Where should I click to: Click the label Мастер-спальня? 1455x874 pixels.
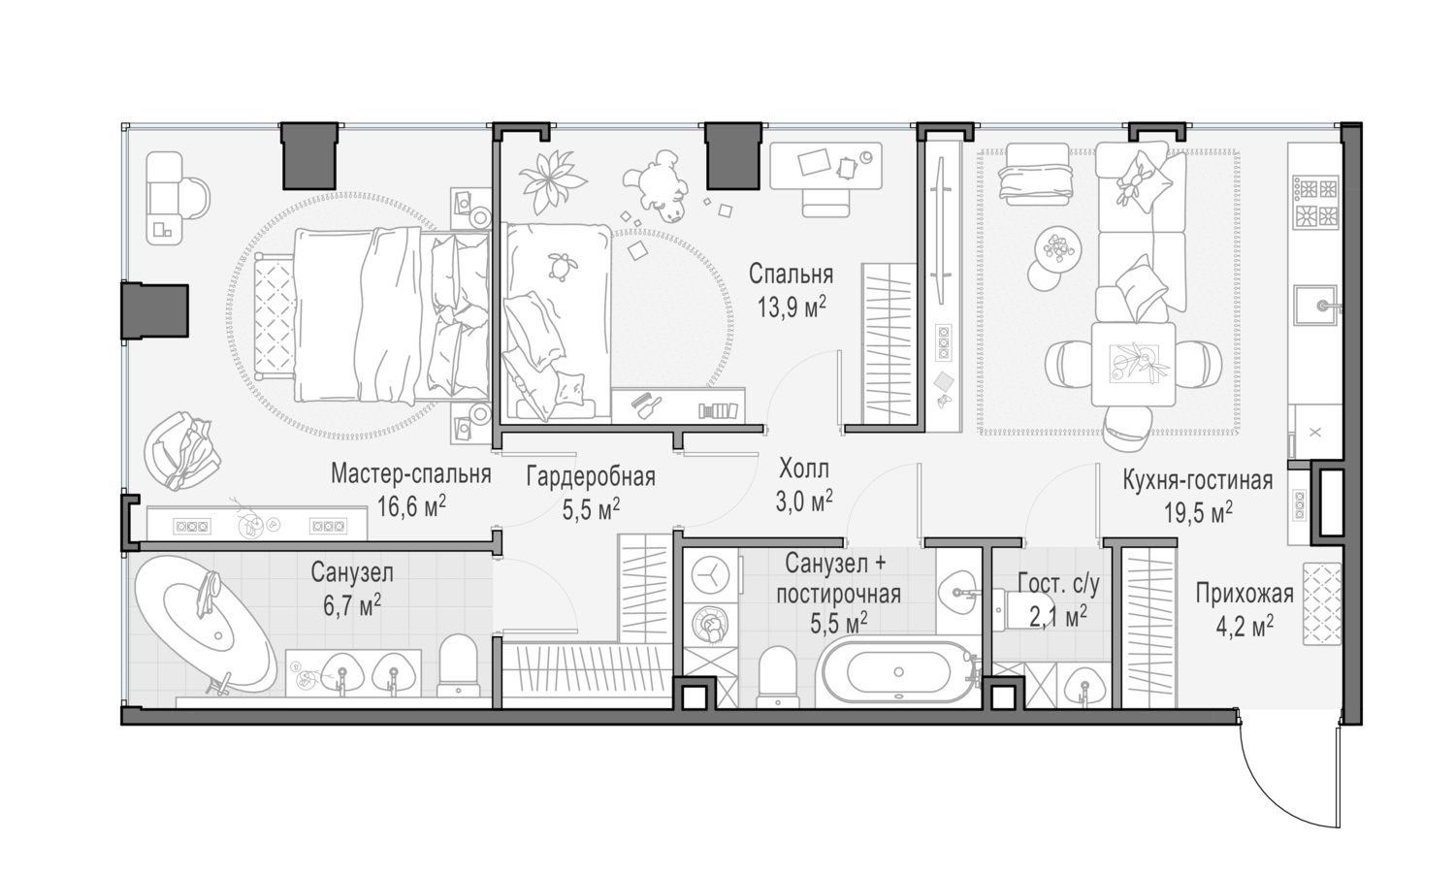tap(411, 474)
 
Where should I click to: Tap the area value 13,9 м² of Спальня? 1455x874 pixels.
tap(792, 307)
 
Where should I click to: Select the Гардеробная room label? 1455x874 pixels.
tap(591, 477)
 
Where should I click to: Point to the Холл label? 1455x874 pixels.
tap(804, 468)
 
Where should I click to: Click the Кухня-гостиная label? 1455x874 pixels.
tap(1198, 481)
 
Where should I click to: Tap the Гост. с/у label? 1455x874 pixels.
tap(1059, 585)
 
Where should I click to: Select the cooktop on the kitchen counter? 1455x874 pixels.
tap(1315, 202)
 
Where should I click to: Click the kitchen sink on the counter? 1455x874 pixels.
tap(1314, 305)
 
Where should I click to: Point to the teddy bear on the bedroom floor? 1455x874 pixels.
tap(656, 184)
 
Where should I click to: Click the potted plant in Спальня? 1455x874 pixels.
tap(552, 180)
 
